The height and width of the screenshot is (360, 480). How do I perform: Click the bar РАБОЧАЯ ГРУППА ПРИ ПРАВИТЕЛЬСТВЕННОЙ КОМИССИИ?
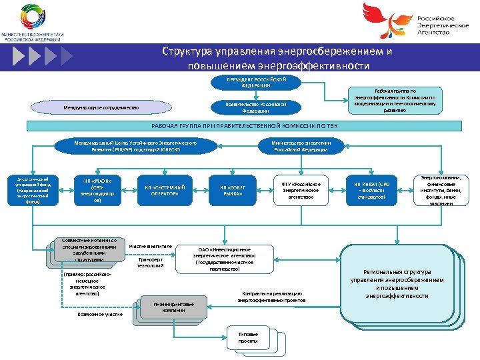point(241,127)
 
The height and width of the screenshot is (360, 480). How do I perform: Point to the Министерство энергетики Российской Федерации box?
point(300,146)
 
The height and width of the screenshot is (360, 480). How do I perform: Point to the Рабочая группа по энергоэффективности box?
point(395,99)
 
